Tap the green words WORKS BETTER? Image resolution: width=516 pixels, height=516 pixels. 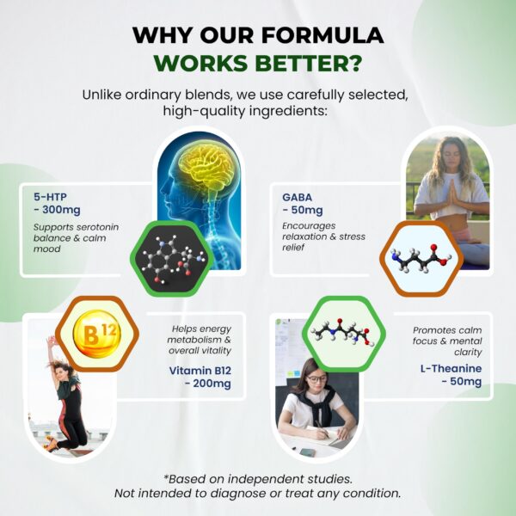257,65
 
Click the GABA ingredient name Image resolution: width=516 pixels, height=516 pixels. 297,195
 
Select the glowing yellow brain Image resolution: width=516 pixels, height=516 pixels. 202,169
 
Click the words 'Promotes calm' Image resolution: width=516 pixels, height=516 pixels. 444,329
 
